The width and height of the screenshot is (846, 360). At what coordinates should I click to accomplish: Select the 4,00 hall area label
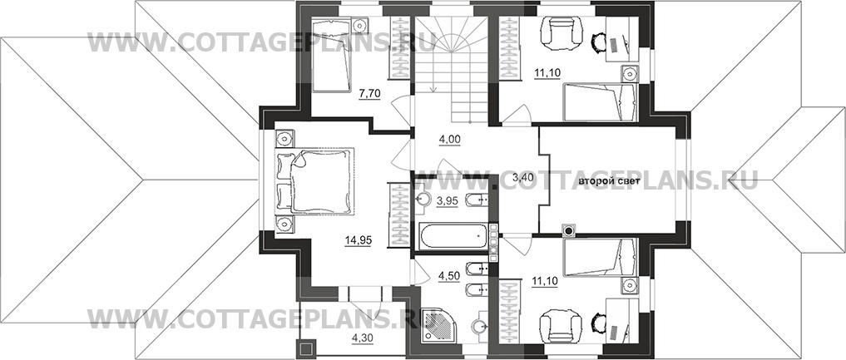coord(449,139)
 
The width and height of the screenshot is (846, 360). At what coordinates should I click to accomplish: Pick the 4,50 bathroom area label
coord(448,277)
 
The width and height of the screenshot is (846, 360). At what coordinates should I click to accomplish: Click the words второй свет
coord(609,181)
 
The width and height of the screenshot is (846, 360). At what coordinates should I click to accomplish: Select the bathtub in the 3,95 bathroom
coord(453,237)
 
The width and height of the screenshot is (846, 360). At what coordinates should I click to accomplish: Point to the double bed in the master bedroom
coord(315,180)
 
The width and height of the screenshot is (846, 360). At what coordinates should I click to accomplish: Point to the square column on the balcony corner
coord(304,349)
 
